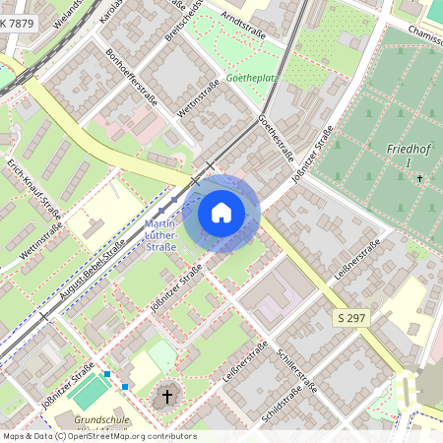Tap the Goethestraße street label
point(276,138)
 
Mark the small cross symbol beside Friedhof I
point(420,178)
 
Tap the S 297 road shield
point(351,318)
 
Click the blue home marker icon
point(221,212)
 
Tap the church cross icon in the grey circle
point(167,397)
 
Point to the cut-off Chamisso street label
point(421,32)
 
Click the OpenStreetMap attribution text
point(98,436)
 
